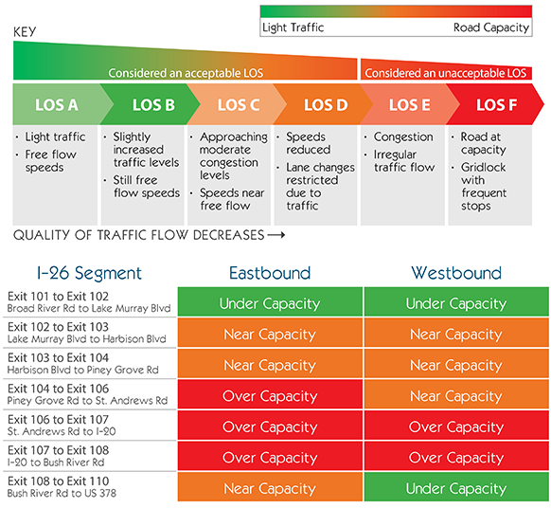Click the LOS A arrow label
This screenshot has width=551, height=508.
(57, 105)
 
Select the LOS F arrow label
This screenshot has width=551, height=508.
(496, 105)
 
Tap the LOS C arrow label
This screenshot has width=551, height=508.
(239, 105)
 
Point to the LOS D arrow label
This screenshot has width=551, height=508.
(326, 105)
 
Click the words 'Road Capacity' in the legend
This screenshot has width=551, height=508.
(491, 27)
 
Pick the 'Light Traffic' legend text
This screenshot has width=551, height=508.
(293, 27)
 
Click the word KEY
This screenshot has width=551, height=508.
(25, 32)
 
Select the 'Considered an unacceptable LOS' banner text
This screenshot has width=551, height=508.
(446, 73)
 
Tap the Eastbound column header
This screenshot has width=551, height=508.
(270, 273)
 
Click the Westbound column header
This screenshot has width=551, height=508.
(456, 273)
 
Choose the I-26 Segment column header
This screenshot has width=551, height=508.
(89, 273)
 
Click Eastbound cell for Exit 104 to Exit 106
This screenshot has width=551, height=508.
(270, 396)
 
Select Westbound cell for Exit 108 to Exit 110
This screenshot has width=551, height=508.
(456, 488)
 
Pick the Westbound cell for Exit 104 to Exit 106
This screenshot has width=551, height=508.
(456, 396)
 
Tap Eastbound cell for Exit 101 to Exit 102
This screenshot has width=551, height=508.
(270, 303)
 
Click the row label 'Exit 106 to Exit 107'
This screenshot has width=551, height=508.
(59, 420)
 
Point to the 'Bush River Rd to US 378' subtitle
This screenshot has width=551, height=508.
(62, 493)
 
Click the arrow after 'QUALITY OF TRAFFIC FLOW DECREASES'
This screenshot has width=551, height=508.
(276, 235)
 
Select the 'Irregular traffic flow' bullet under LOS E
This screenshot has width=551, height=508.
(404, 161)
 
